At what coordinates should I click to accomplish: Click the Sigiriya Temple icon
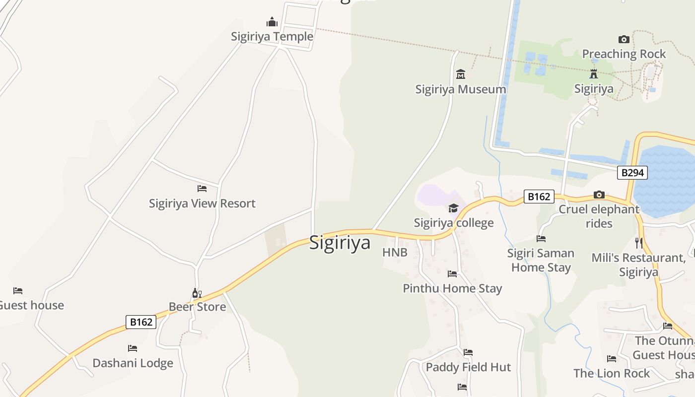click(x=272, y=22)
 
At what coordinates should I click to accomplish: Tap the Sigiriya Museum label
click(x=461, y=89)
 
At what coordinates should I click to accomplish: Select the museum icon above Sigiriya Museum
click(x=461, y=74)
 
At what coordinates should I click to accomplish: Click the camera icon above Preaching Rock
click(x=624, y=39)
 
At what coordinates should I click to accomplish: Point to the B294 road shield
click(x=632, y=173)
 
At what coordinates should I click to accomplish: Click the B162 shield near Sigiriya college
click(x=539, y=197)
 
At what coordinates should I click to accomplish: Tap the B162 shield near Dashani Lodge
click(x=141, y=322)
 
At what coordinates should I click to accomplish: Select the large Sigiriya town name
click(x=340, y=243)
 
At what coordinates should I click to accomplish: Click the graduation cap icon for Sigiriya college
click(x=453, y=208)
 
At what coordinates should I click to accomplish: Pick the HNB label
click(x=395, y=253)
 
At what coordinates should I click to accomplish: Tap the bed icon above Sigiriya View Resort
click(x=202, y=189)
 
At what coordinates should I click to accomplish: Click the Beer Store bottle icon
click(x=197, y=293)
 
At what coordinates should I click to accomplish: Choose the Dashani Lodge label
click(x=133, y=363)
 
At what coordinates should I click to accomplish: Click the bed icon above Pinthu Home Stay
click(x=452, y=273)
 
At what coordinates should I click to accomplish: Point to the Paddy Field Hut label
click(x=468, y=367)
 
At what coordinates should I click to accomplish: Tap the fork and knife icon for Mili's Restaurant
click(x=639, y=243)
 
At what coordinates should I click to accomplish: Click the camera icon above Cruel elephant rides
click(x=599, y=195)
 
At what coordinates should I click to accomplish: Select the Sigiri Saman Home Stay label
click(x=541, y=260)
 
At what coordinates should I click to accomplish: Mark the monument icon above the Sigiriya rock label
click(x=593, y=74)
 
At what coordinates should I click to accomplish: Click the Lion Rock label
click(x=612, y=373)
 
